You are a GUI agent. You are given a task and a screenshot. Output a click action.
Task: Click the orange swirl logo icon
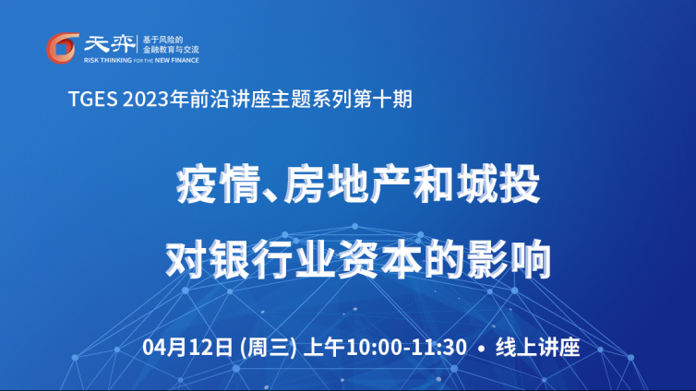63,48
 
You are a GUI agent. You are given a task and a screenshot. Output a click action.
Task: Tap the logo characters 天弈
109,44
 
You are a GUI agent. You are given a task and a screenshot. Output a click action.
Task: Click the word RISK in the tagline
90,60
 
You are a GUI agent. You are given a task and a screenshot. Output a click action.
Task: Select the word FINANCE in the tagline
185,60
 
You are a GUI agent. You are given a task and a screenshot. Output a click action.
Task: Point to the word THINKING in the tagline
115,60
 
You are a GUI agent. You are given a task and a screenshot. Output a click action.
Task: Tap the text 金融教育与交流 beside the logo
171,50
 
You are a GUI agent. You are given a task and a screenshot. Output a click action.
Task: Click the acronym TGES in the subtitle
93,99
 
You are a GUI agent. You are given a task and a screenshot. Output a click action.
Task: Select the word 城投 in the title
498,184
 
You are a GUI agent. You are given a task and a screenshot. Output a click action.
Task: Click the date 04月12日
187,347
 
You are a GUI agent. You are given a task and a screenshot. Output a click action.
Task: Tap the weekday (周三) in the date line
268,347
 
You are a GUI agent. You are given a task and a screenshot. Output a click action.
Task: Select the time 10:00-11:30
406,347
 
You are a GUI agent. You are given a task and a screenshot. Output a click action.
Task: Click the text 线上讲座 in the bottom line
537,347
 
